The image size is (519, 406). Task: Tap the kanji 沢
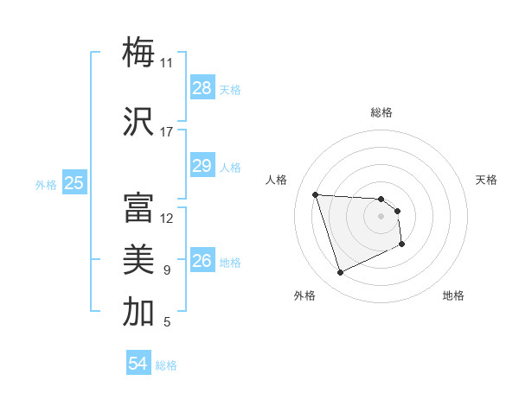click(x=138, y=122)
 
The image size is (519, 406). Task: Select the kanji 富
click(x=138, y=208)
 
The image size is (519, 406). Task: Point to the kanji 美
click(x=138, y=260)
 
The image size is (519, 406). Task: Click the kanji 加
click(x=138, y=312)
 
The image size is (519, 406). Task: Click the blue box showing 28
click(x=202, y=88)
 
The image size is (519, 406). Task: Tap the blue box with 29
click(x=202, y=166)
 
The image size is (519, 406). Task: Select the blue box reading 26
click(x=202, y=260)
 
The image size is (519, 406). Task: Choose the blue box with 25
click(x=74, y=182)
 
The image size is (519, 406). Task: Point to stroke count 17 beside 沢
click(x=167, y=132)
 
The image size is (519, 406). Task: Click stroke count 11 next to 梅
click(x=167, y=63)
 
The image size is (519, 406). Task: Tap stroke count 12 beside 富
click(x=167, y=219)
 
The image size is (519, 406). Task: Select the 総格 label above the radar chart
click(x=381, y=112)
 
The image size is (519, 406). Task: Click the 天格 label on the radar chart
click(x=486, y=180)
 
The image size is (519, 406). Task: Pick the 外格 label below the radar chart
click(x=304, y=295)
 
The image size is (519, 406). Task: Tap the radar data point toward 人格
click(x=316, y=194)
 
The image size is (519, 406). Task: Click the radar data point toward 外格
click(x=340, y=273)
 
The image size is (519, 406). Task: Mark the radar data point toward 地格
click(x=403, y=244)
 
